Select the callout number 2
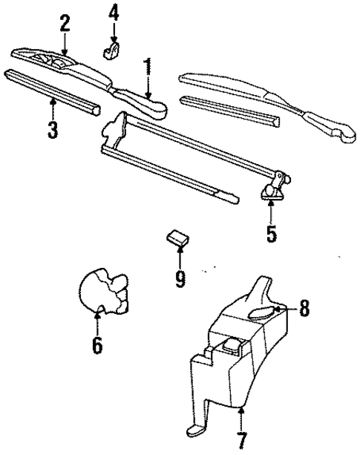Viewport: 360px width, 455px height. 65,22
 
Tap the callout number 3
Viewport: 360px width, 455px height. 52,128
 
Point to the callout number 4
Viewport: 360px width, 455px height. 114,13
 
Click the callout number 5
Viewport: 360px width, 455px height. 272,233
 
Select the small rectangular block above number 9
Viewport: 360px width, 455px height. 177,238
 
